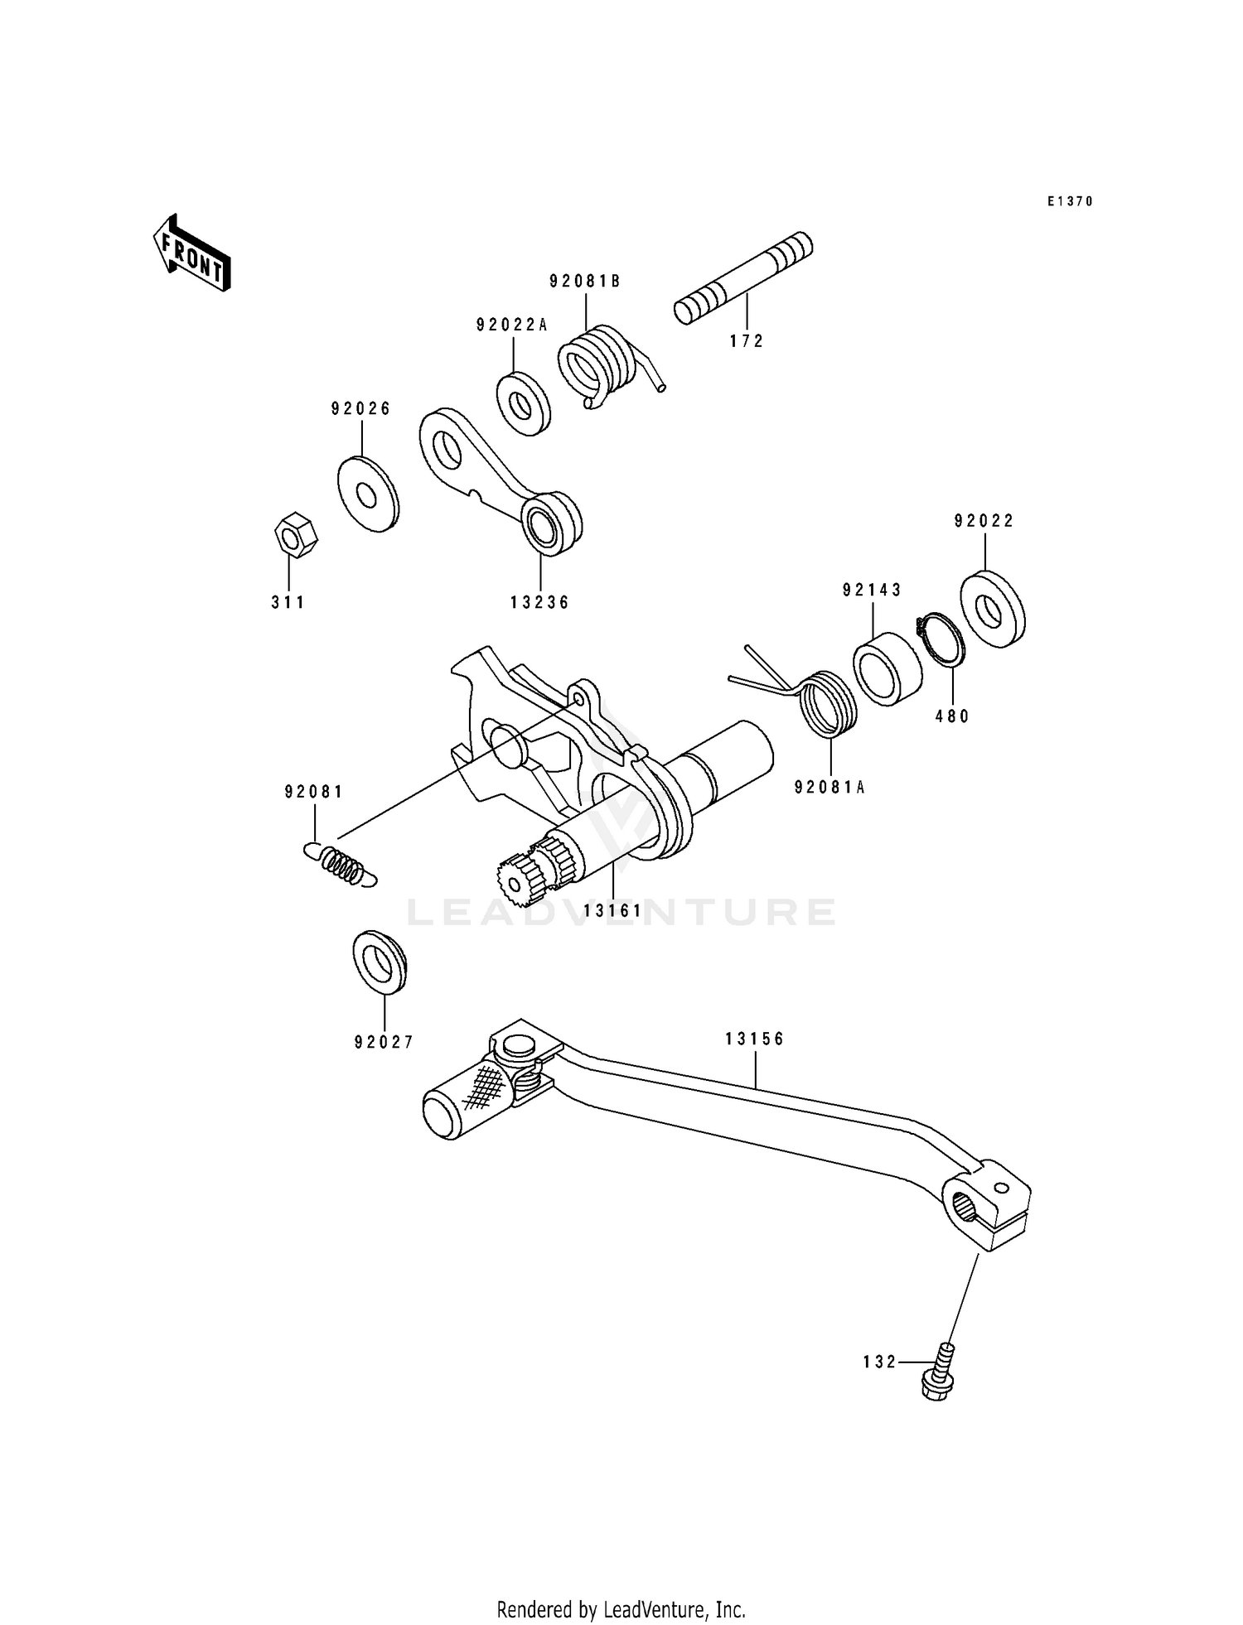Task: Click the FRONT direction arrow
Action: point(191,253)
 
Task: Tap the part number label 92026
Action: point(360,409)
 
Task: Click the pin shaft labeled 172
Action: point(743,278)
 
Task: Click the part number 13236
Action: point(539,603)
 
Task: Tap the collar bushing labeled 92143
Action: point(887,668)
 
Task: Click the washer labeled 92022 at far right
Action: point(991,609)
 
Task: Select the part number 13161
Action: point(612,911)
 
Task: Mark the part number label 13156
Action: point(754,1039)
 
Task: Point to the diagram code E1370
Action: point(1069,201)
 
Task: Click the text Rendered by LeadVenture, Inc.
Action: point(621,1609)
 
